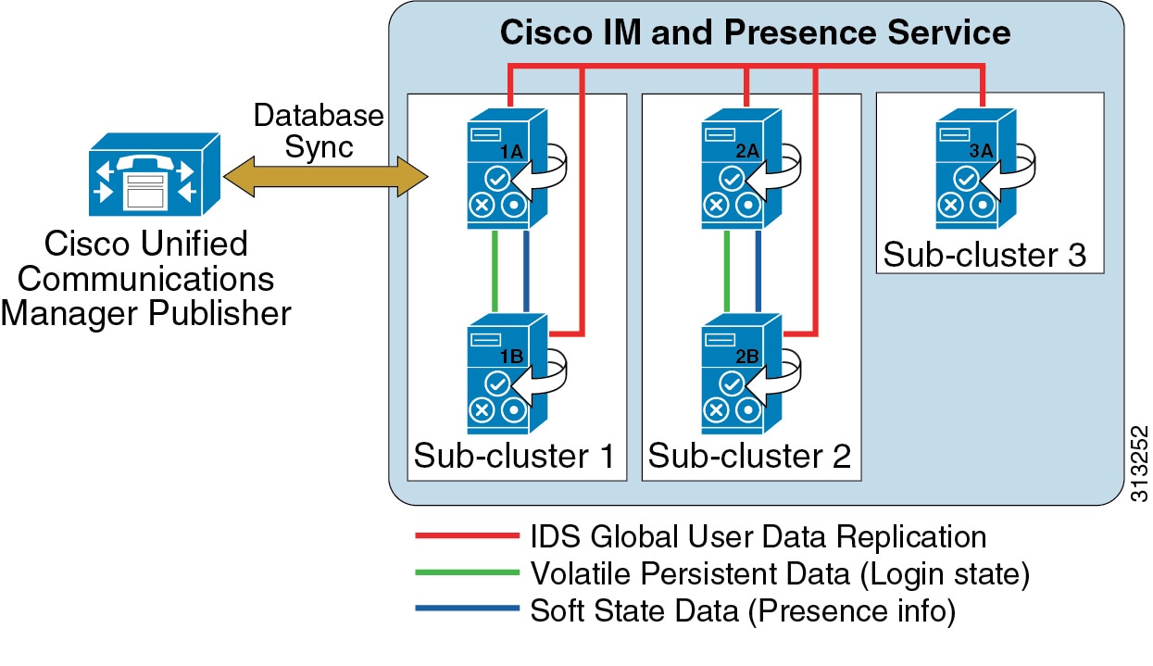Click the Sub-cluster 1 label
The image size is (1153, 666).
tap(514, 456)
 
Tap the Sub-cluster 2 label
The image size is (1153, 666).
tap(749, 456)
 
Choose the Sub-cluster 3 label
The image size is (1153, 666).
tap(984, 255)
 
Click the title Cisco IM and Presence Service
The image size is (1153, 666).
tap(755, 33)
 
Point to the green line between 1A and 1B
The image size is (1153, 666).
tap(496, 270)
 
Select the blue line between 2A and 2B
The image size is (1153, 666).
tap(760, 270)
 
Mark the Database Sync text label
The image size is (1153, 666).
tap(318, 131)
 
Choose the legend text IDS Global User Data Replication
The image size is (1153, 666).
tap(758, 536)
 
